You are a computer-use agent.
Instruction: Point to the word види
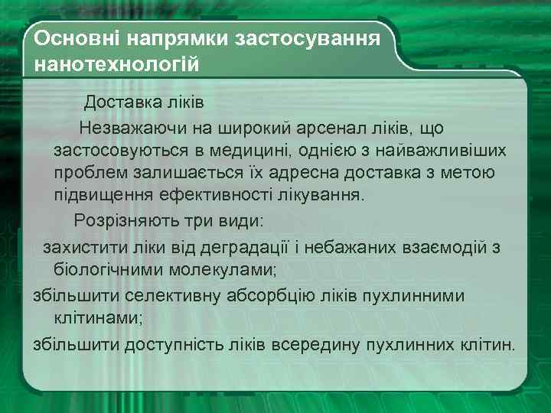[239, 221]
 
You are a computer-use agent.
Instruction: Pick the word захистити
[79, 248]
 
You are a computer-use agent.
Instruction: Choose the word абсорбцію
[278, 295]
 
